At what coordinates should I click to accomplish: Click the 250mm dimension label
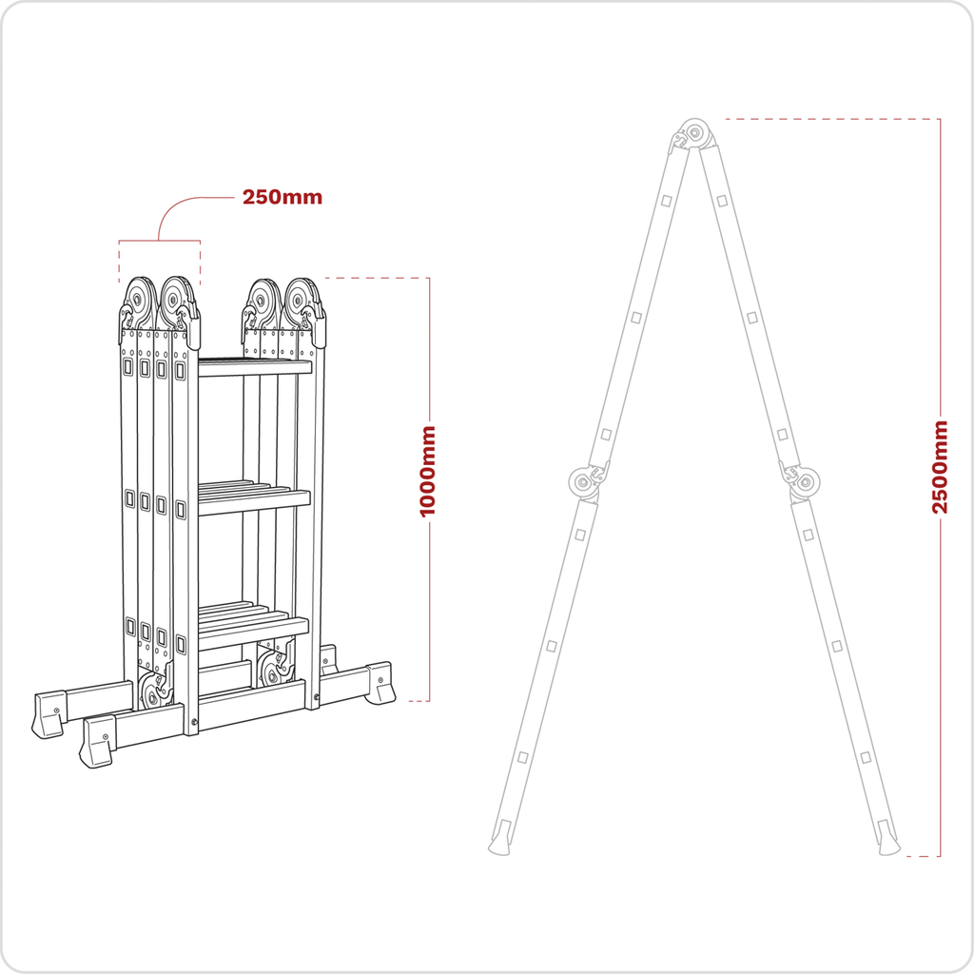pyautogui.click(x=282, y=198)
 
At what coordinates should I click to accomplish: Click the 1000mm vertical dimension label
pyautogui.click(x=428, y=471)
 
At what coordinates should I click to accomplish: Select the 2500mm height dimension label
pyautogui.click(x=940, y=466)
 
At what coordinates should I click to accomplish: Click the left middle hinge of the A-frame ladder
pyautogui.click(x=581, y=482)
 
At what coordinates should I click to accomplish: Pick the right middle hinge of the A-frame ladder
pyautogui.click(x=807, y=482)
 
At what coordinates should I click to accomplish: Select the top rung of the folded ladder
pyautogui.click(x=254, y=367)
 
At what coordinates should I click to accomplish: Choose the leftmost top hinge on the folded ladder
pyautogui.click(x=139, y=302)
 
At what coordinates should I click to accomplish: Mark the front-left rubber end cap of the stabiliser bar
pyautogui.click(x=97, y=742)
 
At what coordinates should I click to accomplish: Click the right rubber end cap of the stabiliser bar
pyautogui.click(x=380, y=683)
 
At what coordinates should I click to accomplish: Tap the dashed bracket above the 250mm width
pyautogui.click(x=159, y=242)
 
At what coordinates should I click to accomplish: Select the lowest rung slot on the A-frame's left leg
pyautogui.click(x=522, y=757)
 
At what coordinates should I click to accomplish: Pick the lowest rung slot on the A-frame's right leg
pyautogui.click(x=865, y=757)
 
